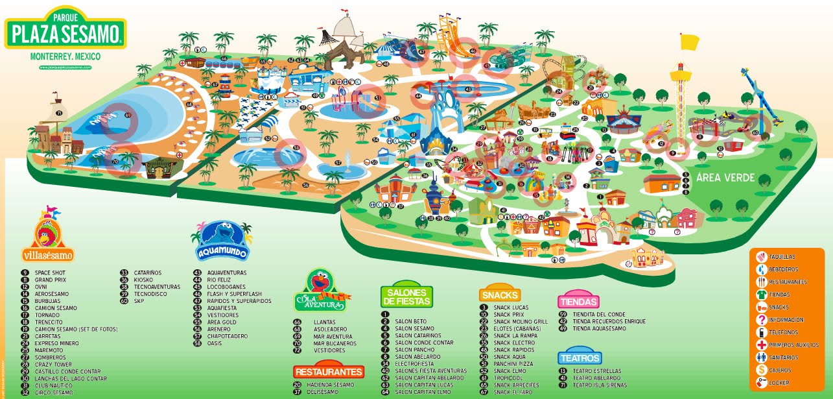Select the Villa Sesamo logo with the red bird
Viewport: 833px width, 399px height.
[47, 238]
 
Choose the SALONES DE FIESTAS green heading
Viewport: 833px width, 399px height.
[405, 297]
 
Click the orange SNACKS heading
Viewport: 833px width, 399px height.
[501, 295]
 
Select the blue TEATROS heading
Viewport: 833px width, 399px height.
[580, 357]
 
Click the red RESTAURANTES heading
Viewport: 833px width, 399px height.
[327, 372]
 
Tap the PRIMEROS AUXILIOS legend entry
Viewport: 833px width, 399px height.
[788, 345]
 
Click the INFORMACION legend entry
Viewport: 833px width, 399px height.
[786, 319]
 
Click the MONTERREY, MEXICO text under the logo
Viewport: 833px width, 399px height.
[65, 57]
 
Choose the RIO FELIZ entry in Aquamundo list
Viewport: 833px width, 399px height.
[221, 280]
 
